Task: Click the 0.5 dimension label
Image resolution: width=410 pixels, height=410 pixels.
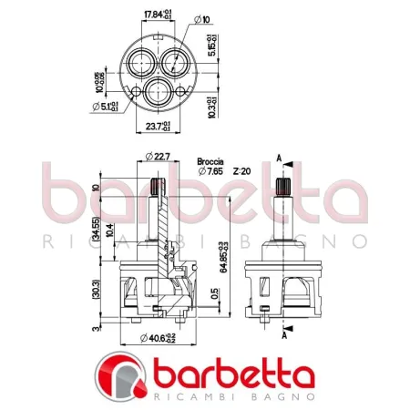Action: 213,293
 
